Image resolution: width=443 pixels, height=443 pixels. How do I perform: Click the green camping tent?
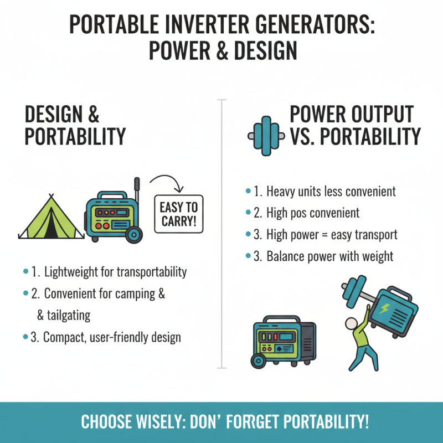point(51,218)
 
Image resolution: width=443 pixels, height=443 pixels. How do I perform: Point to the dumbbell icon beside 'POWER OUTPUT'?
point(268,132)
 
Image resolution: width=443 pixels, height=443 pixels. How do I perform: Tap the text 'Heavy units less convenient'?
point(331,192)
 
